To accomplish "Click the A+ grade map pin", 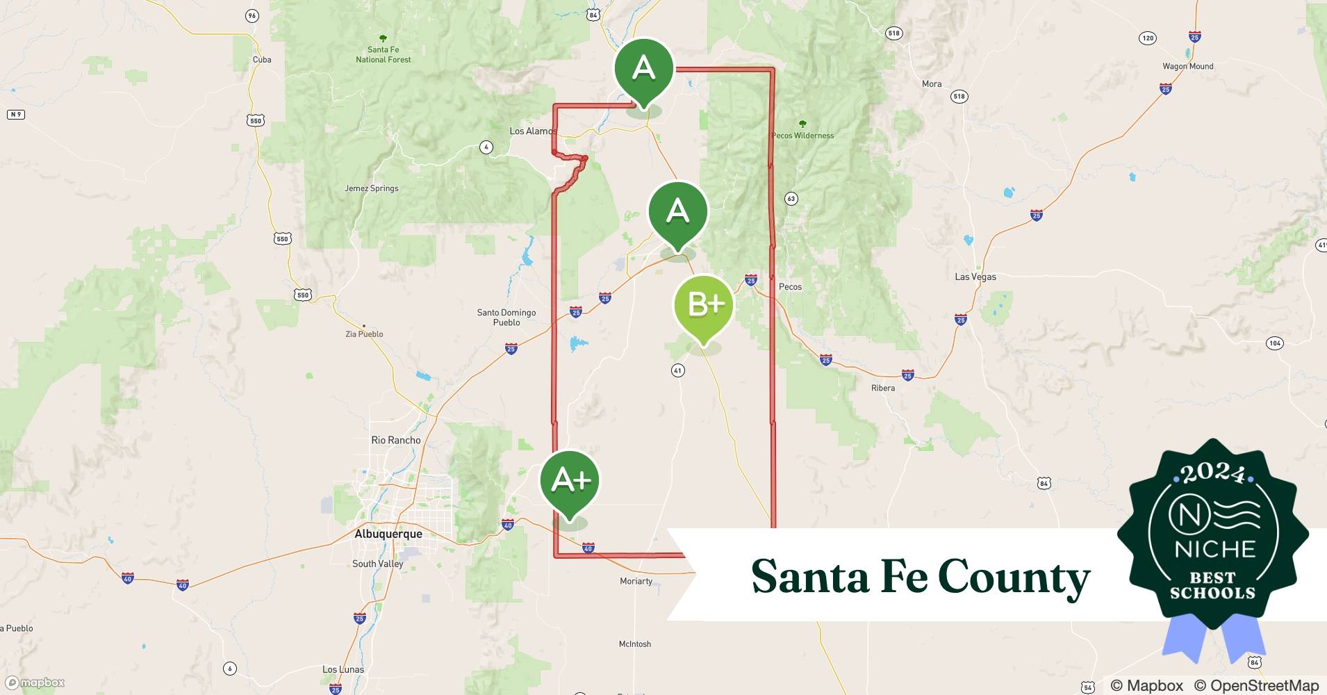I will [x=570, y=481].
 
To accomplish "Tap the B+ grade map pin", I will [x=704, y=305].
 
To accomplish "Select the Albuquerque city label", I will [x=388, y=534].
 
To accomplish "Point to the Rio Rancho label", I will [x=396, y=440].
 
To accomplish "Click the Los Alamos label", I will [x=532, y=131].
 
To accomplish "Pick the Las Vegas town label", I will [x=975, y=277].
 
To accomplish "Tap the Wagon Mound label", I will [x=1187, y=67].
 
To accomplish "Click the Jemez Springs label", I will [x=372, y=188].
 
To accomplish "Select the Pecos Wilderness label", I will [x=802, y=136].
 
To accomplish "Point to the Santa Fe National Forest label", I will [x=383, y=54].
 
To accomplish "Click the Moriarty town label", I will [x=636, y=581].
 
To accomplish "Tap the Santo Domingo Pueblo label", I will [x=506, y=318].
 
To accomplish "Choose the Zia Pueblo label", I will [x=364, y=334].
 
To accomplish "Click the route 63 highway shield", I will [x=791, y=199].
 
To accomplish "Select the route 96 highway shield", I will [x=252, y=15].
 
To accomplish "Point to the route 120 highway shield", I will [x=1147, y=38].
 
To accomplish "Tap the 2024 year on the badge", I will [x=1212, y=475].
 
